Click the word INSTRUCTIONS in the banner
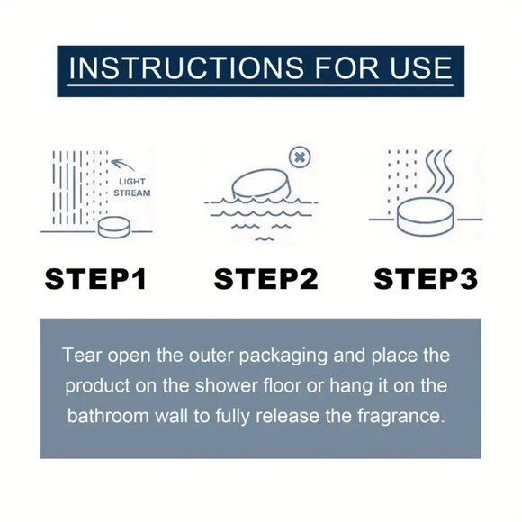(186, 67)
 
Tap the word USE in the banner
(420, 67)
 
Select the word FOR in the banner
(346, 67)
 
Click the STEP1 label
(95, 279)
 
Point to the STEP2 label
(265, 279)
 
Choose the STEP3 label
(426, 279)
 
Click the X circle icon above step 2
(300, 157)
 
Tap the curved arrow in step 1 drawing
(122, 165)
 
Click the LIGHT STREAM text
(132, 187)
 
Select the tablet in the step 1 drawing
(114, 228)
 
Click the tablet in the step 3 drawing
(426, 217)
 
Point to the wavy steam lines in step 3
(439, 171)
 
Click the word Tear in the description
(82, 355)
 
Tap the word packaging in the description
(283, 355)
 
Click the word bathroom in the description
(107, 416)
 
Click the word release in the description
(287, 416)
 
